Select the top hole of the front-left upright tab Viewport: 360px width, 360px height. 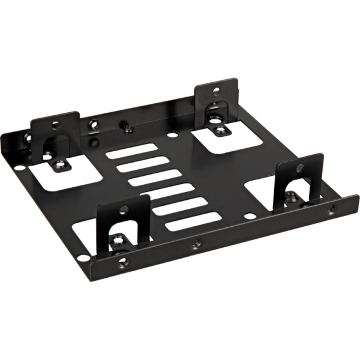(124, 210)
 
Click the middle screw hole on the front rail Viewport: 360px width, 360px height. (196, 245)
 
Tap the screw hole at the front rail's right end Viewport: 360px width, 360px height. (330, 211)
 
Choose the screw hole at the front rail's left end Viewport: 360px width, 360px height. (122, 262)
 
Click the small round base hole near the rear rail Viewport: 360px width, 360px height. (172, 133)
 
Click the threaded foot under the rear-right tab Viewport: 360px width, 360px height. (221, 129)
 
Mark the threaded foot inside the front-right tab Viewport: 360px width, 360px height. (290, 196)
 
